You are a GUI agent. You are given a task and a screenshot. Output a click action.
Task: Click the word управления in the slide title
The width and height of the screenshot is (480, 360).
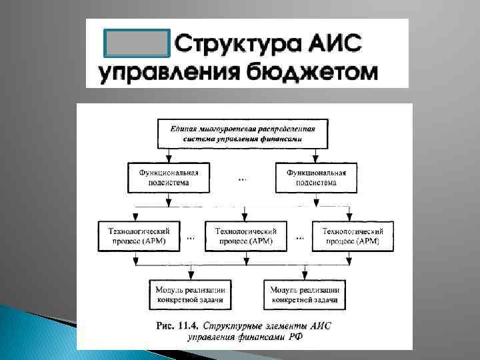tap(170, 71)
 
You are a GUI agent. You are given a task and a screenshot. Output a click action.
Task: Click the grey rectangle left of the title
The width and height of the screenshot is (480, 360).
tap(138, 43)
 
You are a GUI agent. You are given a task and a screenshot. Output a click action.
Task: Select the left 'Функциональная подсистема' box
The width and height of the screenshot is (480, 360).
tap(169, 177)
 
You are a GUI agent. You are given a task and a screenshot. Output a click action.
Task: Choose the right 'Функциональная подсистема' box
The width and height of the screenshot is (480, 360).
tap(316, 177)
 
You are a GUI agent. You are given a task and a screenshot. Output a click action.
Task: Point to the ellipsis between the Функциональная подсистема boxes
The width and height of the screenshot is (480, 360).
tap(242, 179)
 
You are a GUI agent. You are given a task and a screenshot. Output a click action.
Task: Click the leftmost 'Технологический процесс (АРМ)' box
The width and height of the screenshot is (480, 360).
tap(138, 235)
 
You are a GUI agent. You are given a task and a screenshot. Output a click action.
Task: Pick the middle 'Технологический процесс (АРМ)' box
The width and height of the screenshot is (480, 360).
tap(245, 235)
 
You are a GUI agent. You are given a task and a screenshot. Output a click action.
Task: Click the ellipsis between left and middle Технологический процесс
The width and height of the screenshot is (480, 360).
tap(191, 237)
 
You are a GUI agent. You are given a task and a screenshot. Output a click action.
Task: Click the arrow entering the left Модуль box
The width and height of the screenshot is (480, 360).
tap(191, 275)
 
